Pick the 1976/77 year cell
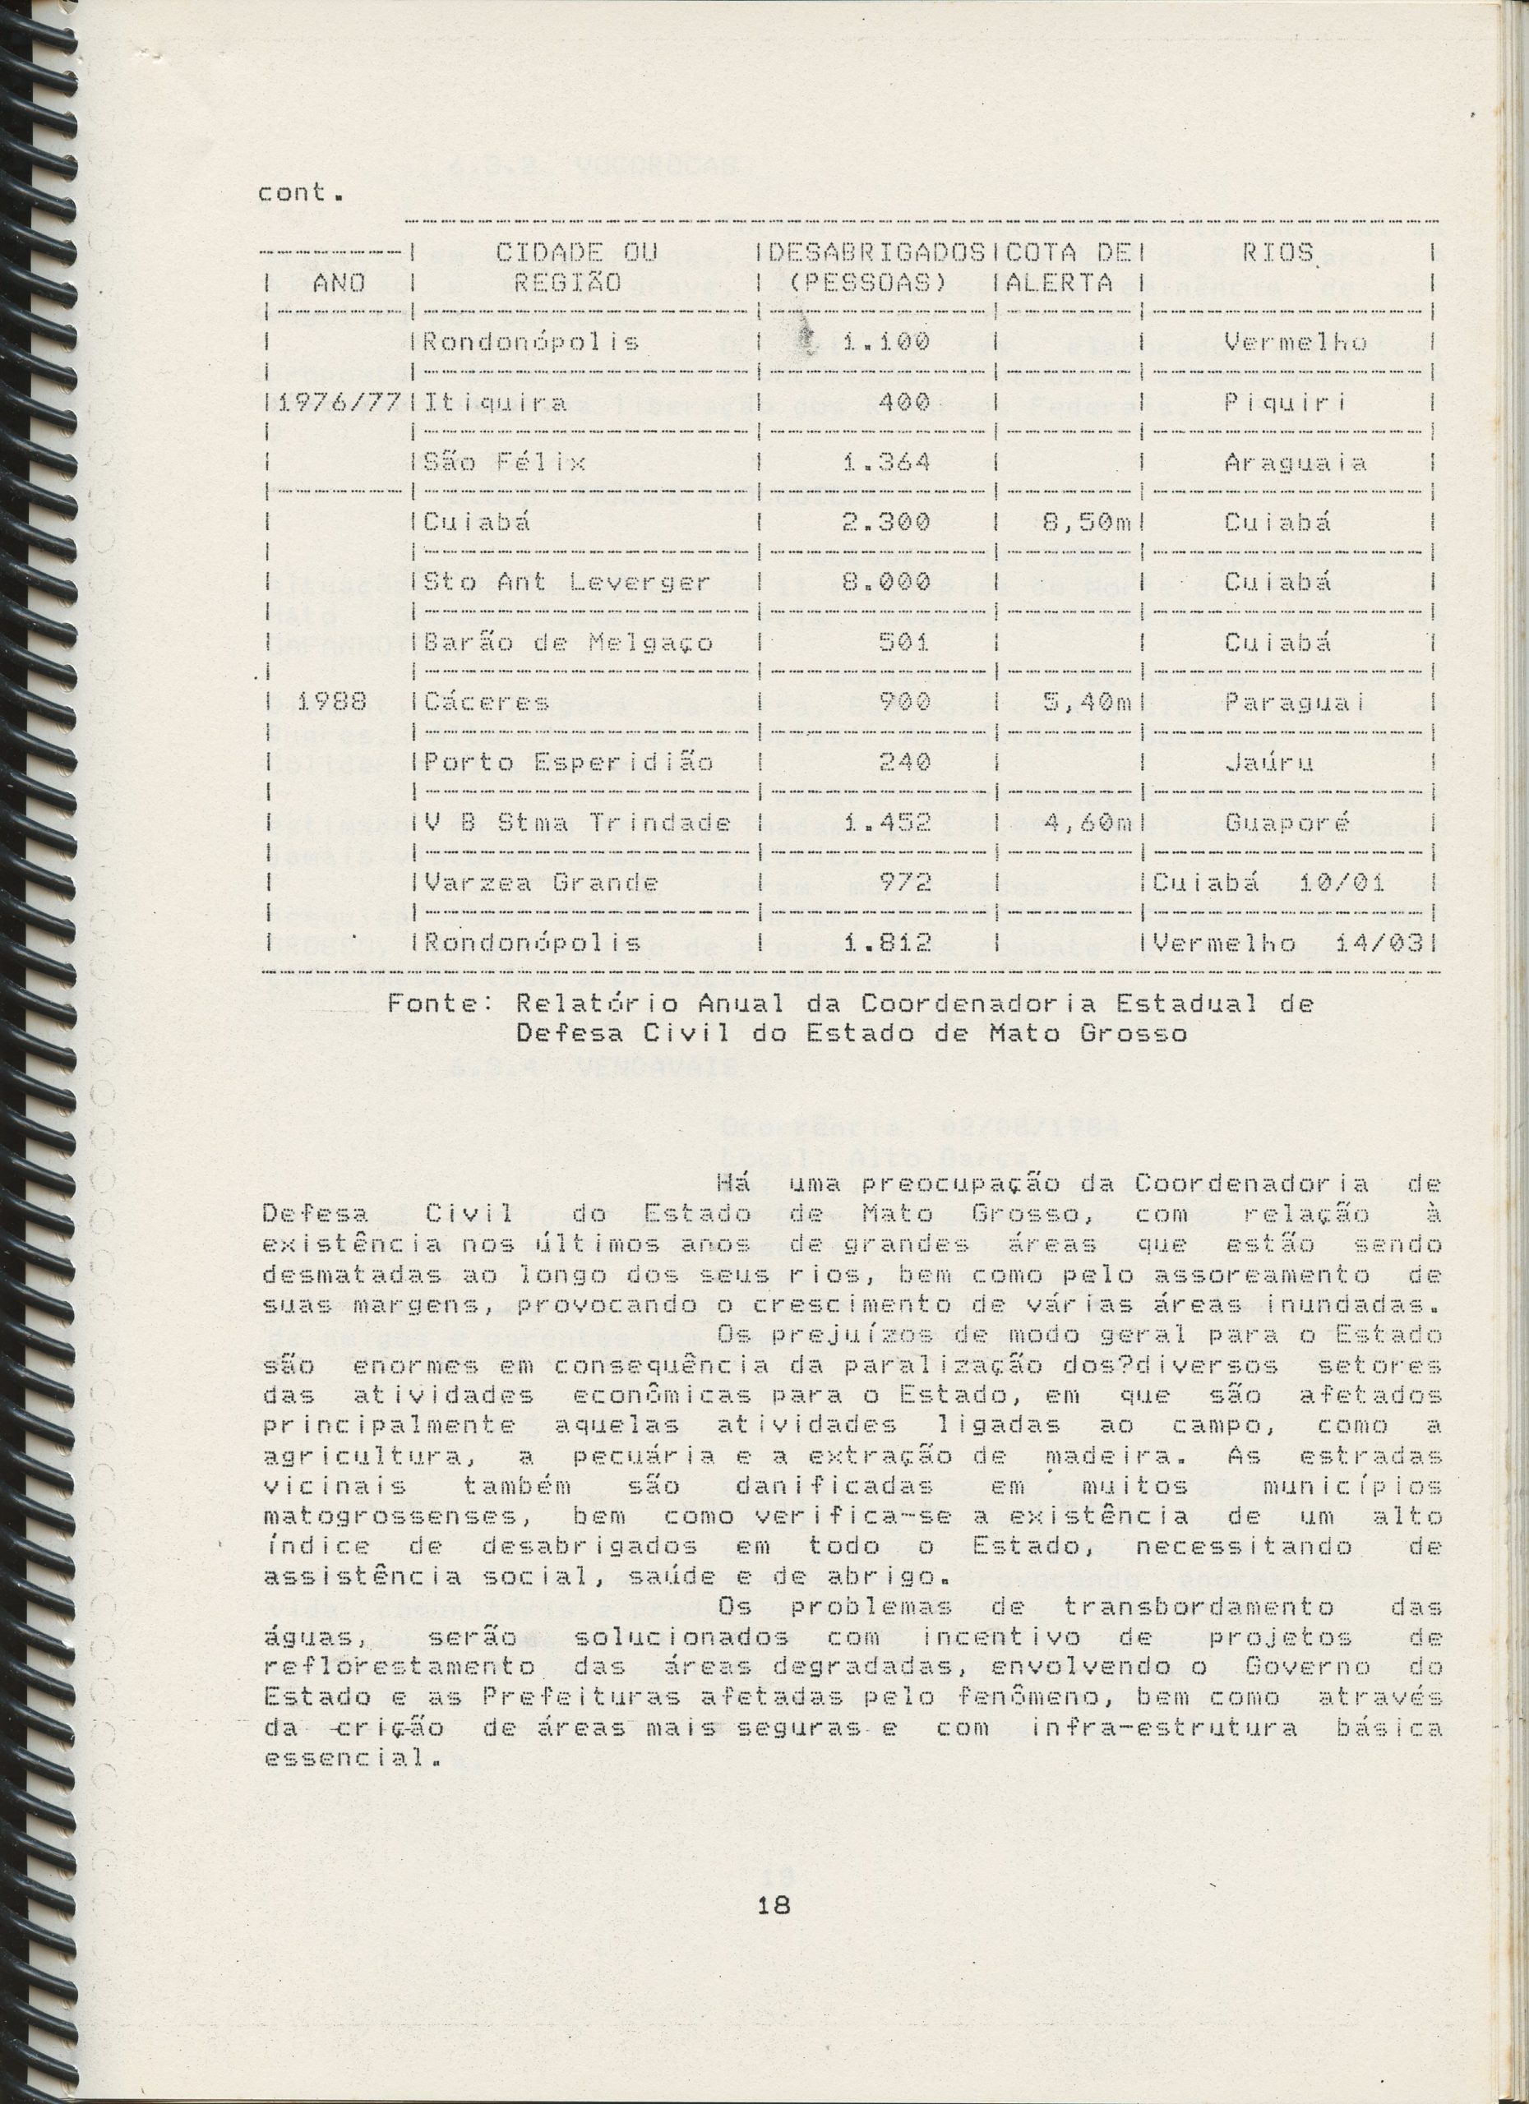click(x=337, y=404)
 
